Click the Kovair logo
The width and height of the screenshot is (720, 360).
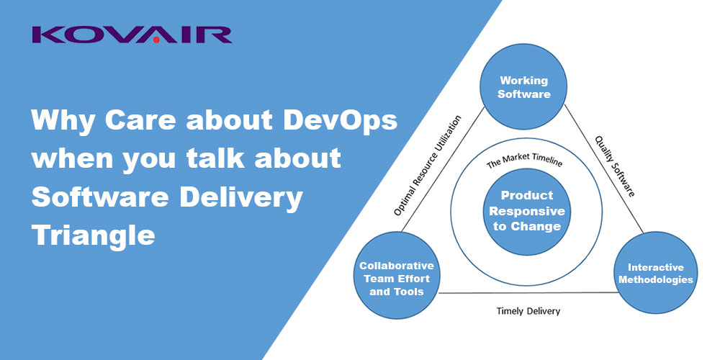(131, 35)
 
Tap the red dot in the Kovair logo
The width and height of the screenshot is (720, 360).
(156, 40)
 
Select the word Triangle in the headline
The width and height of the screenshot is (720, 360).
(93, 235)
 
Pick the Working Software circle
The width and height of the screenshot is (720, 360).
(523, 86)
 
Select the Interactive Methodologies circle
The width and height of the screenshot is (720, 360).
(655, 273)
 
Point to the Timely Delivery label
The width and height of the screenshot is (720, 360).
(528, 311)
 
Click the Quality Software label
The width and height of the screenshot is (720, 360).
(615, 166)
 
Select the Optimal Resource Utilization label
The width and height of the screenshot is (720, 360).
(427, 166)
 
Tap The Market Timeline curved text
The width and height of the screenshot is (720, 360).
(524, 161)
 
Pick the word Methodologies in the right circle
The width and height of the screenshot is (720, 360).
(655, 279)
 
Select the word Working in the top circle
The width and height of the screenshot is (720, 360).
(523, 81)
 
